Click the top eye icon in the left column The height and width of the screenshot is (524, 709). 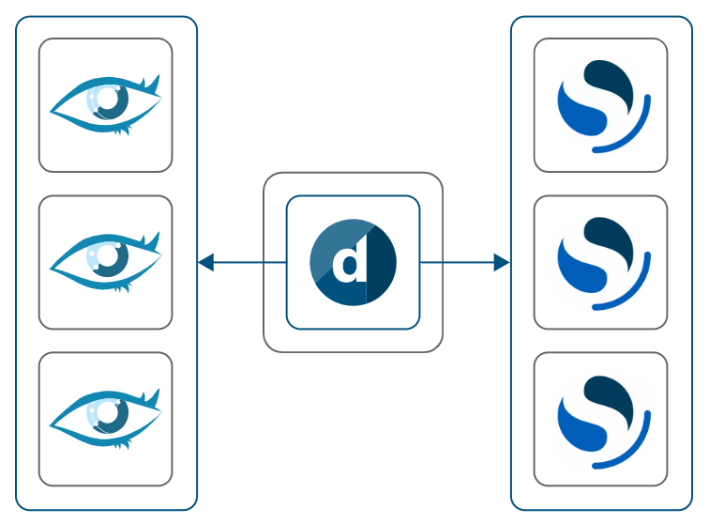click(x=105, y=104)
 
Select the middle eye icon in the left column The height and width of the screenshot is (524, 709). click(x=105, y=262)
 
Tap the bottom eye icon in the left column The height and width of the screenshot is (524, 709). click(x=105, y=419)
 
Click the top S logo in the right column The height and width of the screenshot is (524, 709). click(x=601, y=104)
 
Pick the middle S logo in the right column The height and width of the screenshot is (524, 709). click(x=601, y=262)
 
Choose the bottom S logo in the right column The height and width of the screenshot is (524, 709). click(x=601, y=419)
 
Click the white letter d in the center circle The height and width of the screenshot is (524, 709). click(x=351, y=263)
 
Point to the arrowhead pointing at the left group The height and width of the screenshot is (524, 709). click(x=205, y=263)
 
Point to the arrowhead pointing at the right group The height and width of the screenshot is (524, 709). click(x=502, y=263)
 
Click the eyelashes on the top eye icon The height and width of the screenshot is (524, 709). click(x=119, y=131)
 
